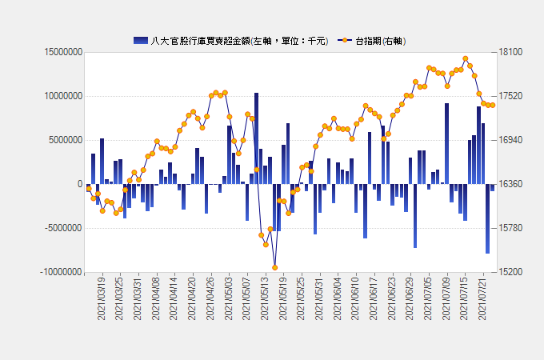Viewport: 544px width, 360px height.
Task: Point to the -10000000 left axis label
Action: click(58, 272)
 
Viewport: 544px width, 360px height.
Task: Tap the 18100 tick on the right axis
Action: click(510, 52)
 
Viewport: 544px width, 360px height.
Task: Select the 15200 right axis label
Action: click(510, 272)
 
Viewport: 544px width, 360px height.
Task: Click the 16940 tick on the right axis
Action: click(510, 140)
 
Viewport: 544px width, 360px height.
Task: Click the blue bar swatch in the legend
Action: click(140, 40)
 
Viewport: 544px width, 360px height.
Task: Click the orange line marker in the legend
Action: click(345, 40)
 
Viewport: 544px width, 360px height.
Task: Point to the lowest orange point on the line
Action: click(274, 267)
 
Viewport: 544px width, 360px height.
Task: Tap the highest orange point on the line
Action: click(466, 58)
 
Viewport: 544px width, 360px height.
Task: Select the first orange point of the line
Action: click(88, 189)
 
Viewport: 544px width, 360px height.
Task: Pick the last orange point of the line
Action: click(493, 105)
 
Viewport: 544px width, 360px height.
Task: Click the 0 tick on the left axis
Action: click(79, 184)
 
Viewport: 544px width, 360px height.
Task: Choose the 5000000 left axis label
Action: click(63, 140)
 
